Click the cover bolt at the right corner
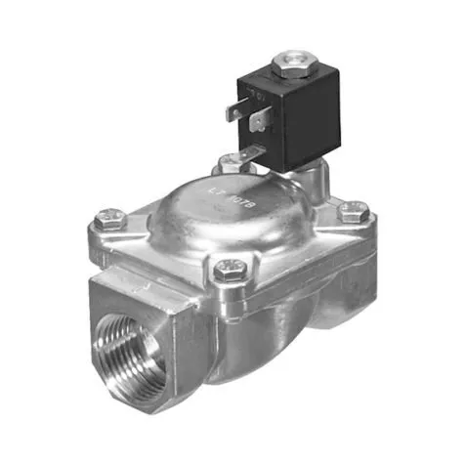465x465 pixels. tap(355, 209)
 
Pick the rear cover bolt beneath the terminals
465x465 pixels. tap(227, 165)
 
